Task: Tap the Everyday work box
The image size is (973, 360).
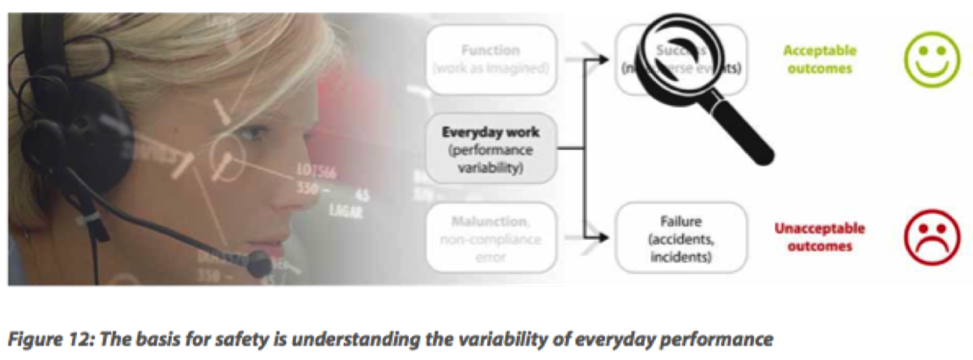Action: coord(491,149)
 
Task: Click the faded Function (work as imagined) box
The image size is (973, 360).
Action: coord(491,58)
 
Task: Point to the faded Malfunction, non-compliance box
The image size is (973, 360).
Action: coord(491,238)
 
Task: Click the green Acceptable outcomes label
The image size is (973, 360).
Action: coord(819,59)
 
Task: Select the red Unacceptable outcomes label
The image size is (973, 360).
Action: coord(819,237)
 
